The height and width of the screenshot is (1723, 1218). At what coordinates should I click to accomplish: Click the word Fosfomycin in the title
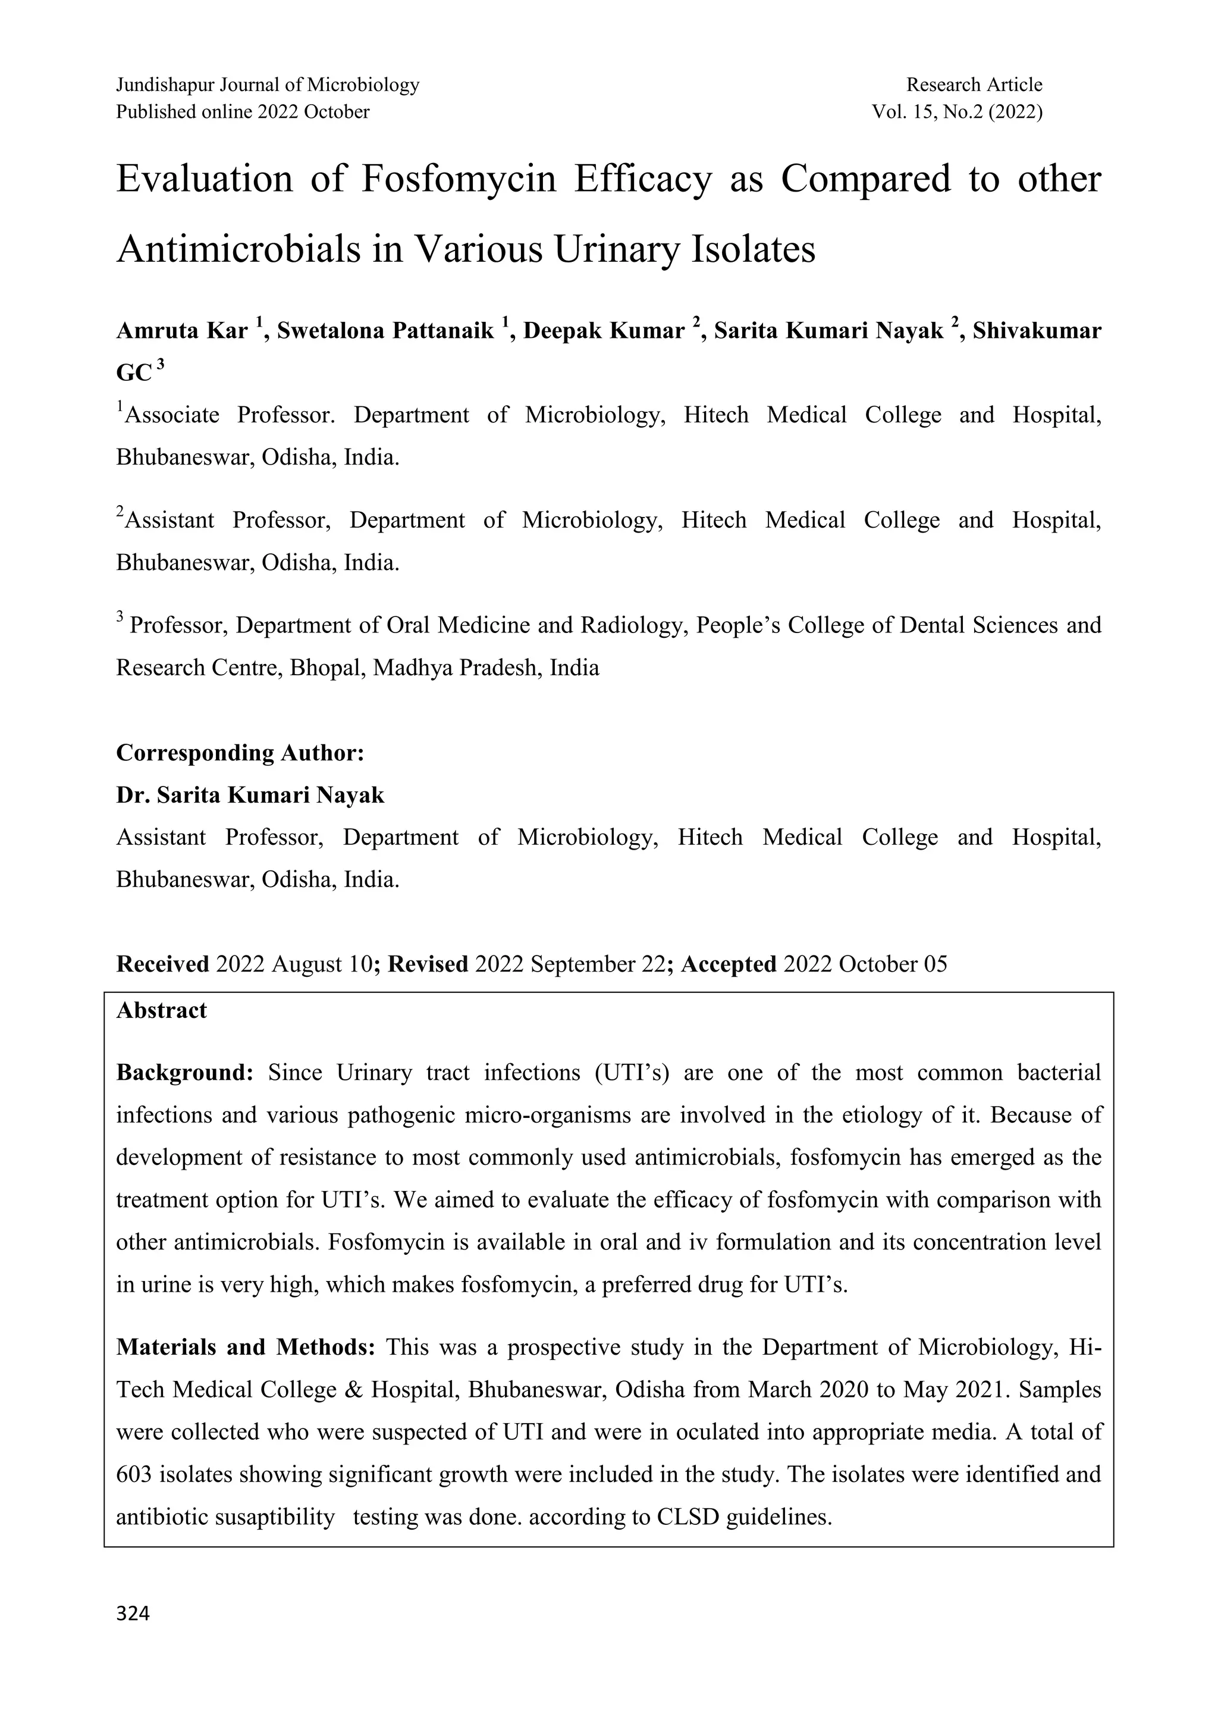pyautogui.click(x=459, y=179)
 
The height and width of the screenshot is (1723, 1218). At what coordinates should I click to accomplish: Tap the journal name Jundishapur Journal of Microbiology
pyautogui.click(x=268, y=85)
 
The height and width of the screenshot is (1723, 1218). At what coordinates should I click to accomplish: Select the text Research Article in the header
pyautogui.click(x=974, y=85)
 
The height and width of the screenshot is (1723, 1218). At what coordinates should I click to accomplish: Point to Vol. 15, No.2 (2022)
pyautogui.click(x=956, y=112)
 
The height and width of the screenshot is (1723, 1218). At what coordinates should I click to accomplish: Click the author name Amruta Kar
pyautogui.click(x=181, y=331)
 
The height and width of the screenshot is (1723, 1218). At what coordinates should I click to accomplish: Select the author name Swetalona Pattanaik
pyautogui.click(x=385, y=331)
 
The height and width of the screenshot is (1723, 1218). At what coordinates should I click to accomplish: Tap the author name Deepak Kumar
pyautogui.click(x=604, y=331)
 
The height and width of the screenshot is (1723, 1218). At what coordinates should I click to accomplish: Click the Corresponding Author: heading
pyautogui.click(x=240, y=753)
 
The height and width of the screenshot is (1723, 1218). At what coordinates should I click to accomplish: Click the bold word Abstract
pyautogui.click(x=161, y=1010)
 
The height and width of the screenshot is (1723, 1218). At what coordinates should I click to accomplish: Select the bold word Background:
pyautogui.click(x=185, y=1073)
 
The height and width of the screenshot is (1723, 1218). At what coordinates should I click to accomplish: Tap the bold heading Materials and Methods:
pyautogui.click(x=245, y=1348)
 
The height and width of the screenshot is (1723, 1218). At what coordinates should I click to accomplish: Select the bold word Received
pyautogui.click(x=162, y=964)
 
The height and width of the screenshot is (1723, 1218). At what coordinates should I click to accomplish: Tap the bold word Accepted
pyautogui.click(x=727, y=964)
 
